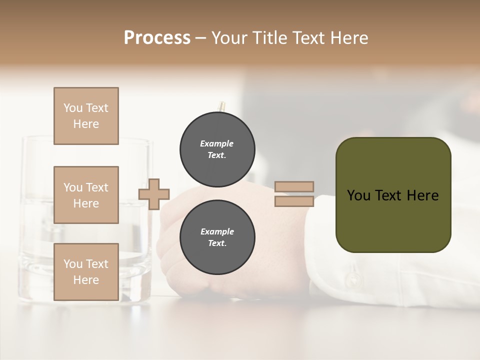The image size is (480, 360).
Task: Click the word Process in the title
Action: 157,37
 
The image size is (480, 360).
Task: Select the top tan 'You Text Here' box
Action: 86,116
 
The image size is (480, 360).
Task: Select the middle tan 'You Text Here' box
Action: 86,195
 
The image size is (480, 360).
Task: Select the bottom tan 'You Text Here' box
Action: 86,272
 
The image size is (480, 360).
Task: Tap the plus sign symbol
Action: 154,193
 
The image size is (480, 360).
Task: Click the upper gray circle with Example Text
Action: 217,149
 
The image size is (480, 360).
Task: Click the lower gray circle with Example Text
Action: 217,237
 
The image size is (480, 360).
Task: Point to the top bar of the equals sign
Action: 294,187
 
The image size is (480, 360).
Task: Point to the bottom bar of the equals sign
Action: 294,201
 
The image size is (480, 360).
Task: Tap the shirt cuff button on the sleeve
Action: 354,278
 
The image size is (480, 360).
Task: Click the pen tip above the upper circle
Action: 221,106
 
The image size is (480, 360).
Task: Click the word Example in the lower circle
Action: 217,231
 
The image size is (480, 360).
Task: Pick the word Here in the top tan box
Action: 86,124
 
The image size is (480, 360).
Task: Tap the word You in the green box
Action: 358,195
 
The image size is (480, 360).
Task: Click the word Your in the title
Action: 228,37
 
